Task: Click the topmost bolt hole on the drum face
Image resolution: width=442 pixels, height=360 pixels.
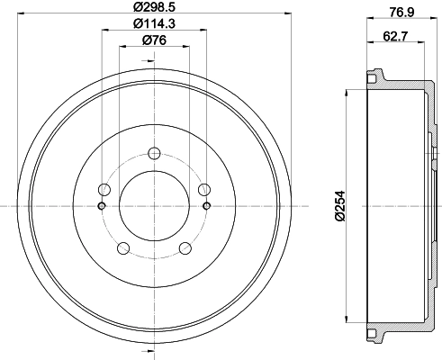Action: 154,152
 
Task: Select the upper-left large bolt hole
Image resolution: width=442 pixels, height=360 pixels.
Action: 104,189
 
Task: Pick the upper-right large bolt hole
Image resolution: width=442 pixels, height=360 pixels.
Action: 204,189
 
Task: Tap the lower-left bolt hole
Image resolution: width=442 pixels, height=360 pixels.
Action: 123,248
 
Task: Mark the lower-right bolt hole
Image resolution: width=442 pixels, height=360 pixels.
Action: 185,248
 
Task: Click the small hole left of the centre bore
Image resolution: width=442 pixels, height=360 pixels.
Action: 101,206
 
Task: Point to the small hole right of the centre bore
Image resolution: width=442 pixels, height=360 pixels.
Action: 208,206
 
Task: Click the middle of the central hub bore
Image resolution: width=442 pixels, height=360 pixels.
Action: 154,206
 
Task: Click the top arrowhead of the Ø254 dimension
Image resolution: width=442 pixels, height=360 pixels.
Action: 347,92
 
